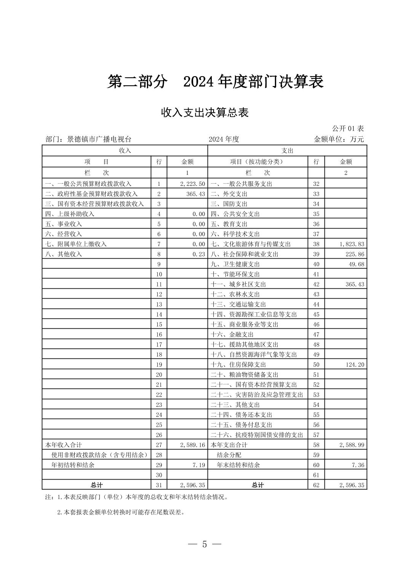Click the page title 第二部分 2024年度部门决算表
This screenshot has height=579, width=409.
pyautogui.click(x=215, y=82)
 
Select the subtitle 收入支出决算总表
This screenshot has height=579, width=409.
pyautogui.click(x=204, y=112)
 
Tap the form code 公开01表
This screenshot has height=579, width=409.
pyautogui.click(x=348, y=128)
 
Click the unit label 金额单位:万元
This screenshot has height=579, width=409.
pyautogui.click(x=339, y=139)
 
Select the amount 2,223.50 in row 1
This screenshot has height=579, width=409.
pyautogui.click(x=193, y=184)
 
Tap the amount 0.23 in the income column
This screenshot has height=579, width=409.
pyautogui.click(x=199, y=254)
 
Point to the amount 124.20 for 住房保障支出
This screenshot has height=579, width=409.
pyautogui.click(x=355, y=365)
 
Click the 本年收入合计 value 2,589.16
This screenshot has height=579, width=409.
pyautogui.click(x=193, y=445)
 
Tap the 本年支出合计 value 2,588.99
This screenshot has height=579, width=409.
pyautogui.click(x=351, y=445)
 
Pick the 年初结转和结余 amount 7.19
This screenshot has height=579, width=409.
pyautogui.click(x=199, y=465)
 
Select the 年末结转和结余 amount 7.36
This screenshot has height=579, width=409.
pyautogui.click(x=358, y=465)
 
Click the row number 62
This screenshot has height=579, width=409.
pyautogui.click(x=316, y=485)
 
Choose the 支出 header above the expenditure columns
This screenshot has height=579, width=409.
pyautogui.click(x=287, y=150)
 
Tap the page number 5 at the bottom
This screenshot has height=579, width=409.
pyautogui.click(x=204, y=544)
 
